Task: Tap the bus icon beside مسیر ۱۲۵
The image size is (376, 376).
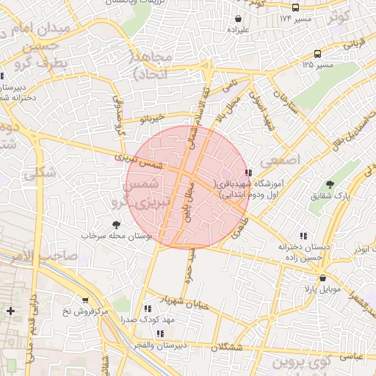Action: (317, 54)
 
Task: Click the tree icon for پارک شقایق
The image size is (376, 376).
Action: (330, 185)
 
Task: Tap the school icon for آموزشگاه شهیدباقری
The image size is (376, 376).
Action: (256, 171)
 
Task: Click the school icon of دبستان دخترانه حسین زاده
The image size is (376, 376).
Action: (282, 237)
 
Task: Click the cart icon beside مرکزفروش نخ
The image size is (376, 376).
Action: (85, 300)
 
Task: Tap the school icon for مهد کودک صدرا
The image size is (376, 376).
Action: (148, 309)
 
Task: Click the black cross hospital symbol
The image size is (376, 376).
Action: (10, 311)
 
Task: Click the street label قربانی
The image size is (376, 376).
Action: (354, 43)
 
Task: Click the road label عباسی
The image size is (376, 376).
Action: (349, 355)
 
